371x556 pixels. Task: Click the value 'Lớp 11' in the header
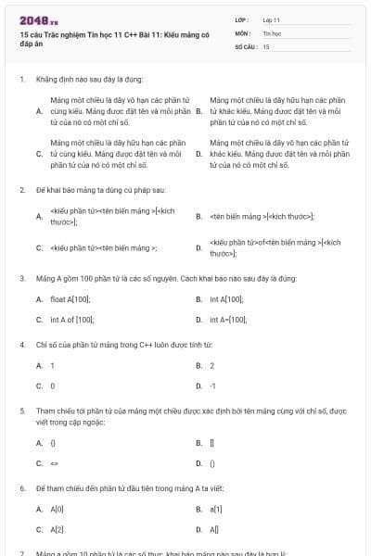[271, 19]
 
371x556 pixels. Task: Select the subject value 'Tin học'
[271, 32]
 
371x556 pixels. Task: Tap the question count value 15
[266, 44]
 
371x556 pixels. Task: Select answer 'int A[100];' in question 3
[226, 299]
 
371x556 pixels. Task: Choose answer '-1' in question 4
[212, 385]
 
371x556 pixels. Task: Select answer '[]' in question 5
[212, 443]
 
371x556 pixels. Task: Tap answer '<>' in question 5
[54, 462]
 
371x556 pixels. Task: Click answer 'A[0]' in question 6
[57, 509]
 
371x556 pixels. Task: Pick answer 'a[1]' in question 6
[216, 509]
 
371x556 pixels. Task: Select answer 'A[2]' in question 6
[57, 528]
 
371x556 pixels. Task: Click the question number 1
[20, 79]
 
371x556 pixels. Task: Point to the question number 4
[20, 344]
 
